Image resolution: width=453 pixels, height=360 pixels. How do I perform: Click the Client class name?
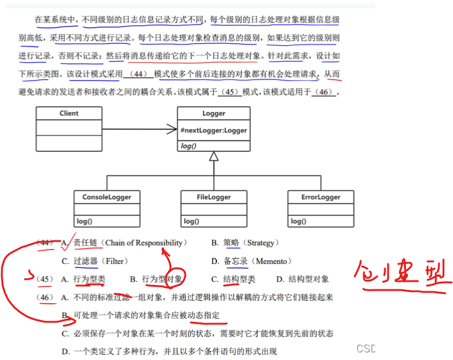[69, 113]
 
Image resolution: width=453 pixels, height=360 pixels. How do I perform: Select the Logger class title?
[214, 114]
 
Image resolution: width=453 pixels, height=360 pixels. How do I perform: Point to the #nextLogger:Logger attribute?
[214, 130]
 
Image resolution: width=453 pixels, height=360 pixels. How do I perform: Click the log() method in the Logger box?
[188, 146]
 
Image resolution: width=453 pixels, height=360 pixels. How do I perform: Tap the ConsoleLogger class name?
[106, 197]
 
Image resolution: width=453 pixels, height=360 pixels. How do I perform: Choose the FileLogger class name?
[213, 197]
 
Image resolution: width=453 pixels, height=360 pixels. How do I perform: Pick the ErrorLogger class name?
[321, 197]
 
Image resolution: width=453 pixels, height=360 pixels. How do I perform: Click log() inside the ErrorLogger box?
[299, 221]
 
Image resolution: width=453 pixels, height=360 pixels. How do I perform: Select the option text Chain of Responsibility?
[146, 242]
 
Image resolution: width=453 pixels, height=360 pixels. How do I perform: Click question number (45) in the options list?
[45, 279]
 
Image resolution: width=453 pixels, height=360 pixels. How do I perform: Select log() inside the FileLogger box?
[192, 221]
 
